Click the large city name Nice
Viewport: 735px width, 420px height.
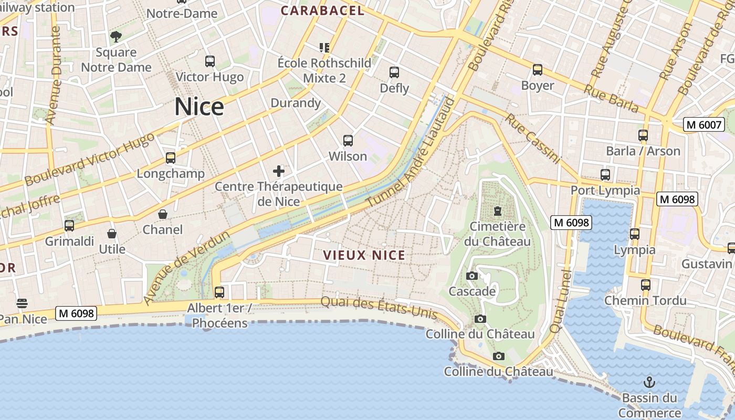pos(199,107)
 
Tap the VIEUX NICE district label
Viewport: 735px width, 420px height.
pos(364,256)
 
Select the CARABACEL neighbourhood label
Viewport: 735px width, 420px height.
pos(322,10)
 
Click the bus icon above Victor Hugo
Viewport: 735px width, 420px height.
pos(210,61)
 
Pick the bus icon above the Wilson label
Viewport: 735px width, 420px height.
pos(348,141)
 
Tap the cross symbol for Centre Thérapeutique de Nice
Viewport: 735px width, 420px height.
pos(279,171)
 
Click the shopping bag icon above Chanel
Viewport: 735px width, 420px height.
pos(163,214)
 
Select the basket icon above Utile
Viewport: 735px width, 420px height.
pos(112,234)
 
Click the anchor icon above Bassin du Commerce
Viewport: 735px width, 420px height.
pos(649,382)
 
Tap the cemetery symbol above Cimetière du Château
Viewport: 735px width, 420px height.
pos(497,211)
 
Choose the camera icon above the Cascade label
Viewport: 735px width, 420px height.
pos(472,276)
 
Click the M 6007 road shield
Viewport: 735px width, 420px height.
pos(704,125)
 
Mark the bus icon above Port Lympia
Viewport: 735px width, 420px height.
pos(605,175)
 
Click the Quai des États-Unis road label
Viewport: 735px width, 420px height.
pos(379,308)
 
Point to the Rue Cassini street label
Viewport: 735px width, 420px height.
pos(533,139)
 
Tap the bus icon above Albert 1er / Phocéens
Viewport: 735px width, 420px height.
pos(219,292)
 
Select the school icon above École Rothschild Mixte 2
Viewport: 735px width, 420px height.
pos(324,48)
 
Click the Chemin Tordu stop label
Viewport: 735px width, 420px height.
pos(645,301)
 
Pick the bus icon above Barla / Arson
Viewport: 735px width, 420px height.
pos(643,135)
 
